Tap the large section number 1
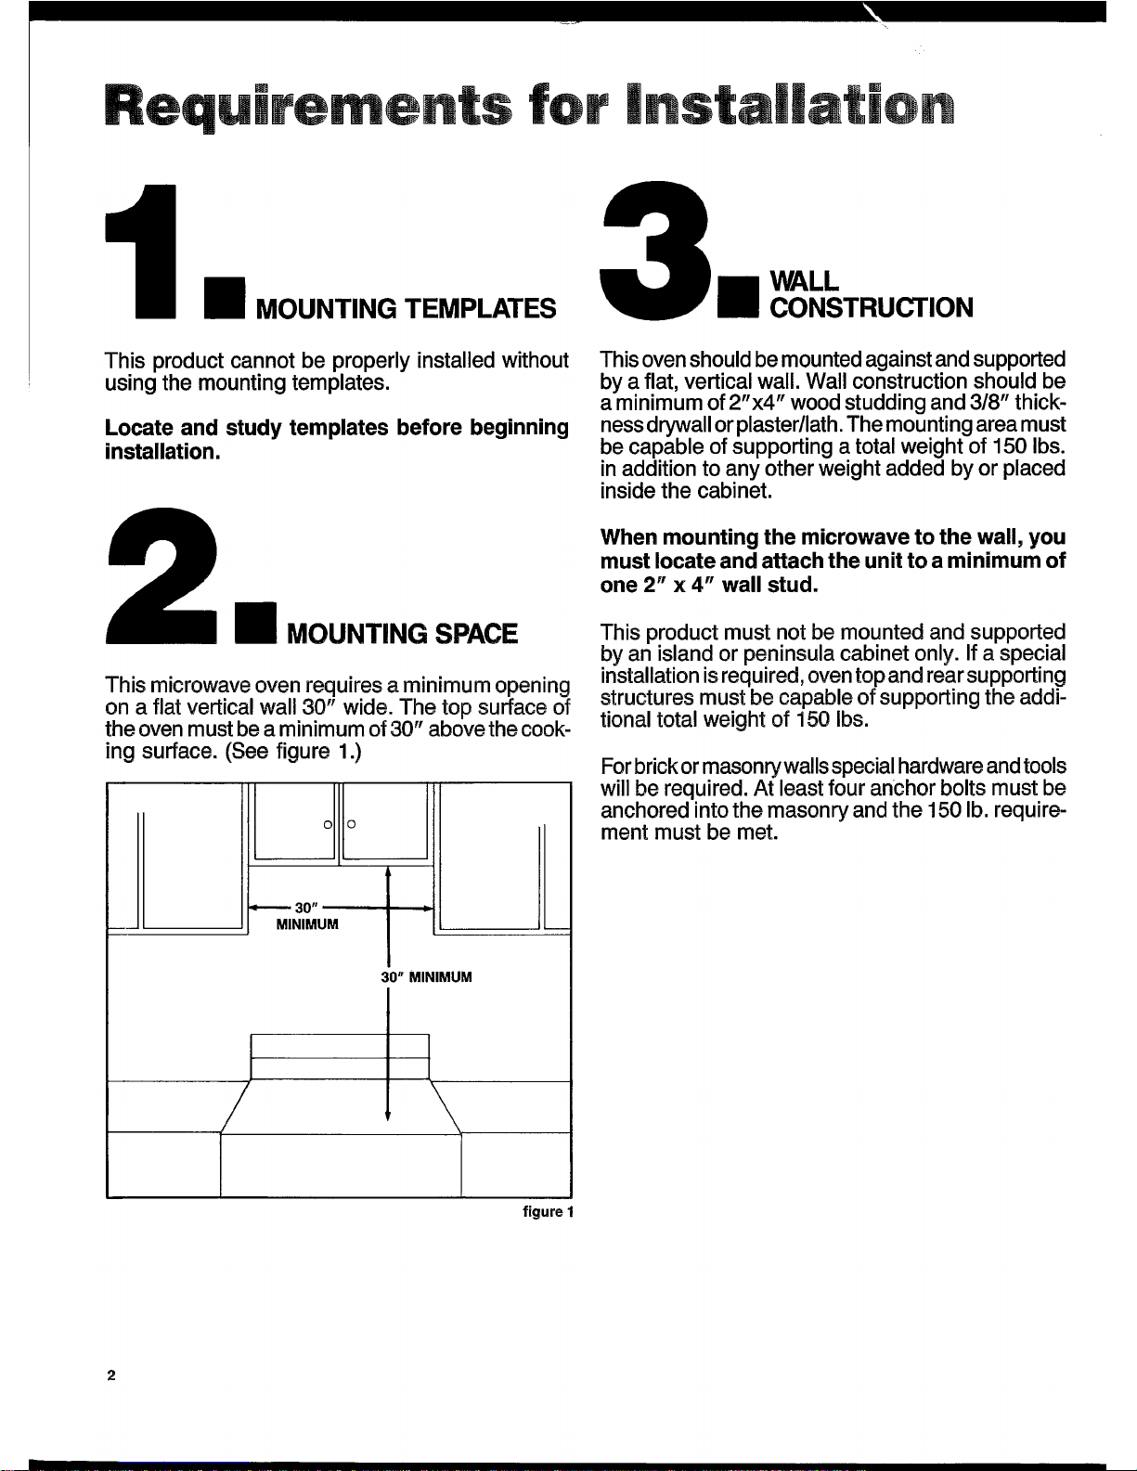coord(141,252)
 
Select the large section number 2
coord(162,575)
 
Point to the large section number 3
coord(656,250)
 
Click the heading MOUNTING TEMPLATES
coord(407,309)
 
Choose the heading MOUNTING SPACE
coord(402,634)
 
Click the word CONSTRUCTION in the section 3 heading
coord(872,307)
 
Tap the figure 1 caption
coord(549,1212)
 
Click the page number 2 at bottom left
coord(111,1374)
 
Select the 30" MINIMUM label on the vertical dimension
coord(426,977)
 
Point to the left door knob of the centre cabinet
coord(329,824)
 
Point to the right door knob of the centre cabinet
coord(351,824)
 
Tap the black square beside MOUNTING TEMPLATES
coord(225,297)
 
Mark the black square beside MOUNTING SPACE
coord(256,622)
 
